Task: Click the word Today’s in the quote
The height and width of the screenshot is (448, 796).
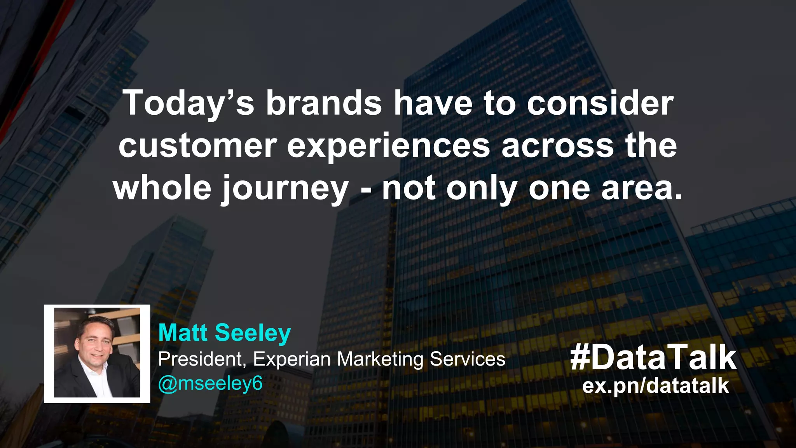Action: [x=189, y=103]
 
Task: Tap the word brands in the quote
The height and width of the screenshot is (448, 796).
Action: [x=324, y=103]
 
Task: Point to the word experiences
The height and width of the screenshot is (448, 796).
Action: [x=389, y=146]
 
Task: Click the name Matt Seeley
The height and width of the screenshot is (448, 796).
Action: [x=224, y=333]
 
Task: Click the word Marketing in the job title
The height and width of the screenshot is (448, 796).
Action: [x=380, y=359]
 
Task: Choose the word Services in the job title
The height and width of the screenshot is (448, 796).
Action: [x=467, y=359]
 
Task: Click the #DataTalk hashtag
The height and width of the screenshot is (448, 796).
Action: [x=653, y=358]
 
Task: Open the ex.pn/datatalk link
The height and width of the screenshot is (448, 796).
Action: [x=655, y=385]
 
